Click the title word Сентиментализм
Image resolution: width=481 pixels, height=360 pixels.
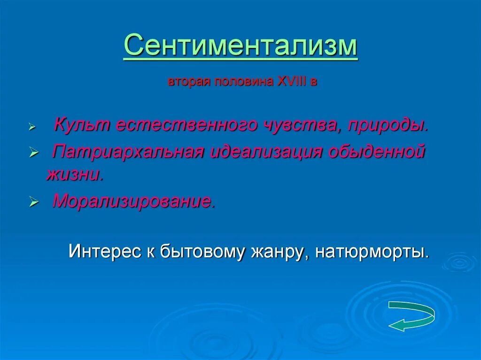(x=241, y=46)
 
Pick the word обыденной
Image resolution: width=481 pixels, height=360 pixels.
(x=377, y=151)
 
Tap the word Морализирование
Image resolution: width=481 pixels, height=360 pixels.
(x=134, y=201)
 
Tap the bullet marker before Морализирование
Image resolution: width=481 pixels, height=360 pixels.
(x=33, y=202)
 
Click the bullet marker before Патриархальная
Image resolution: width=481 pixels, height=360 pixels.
(x=33, y=153)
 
